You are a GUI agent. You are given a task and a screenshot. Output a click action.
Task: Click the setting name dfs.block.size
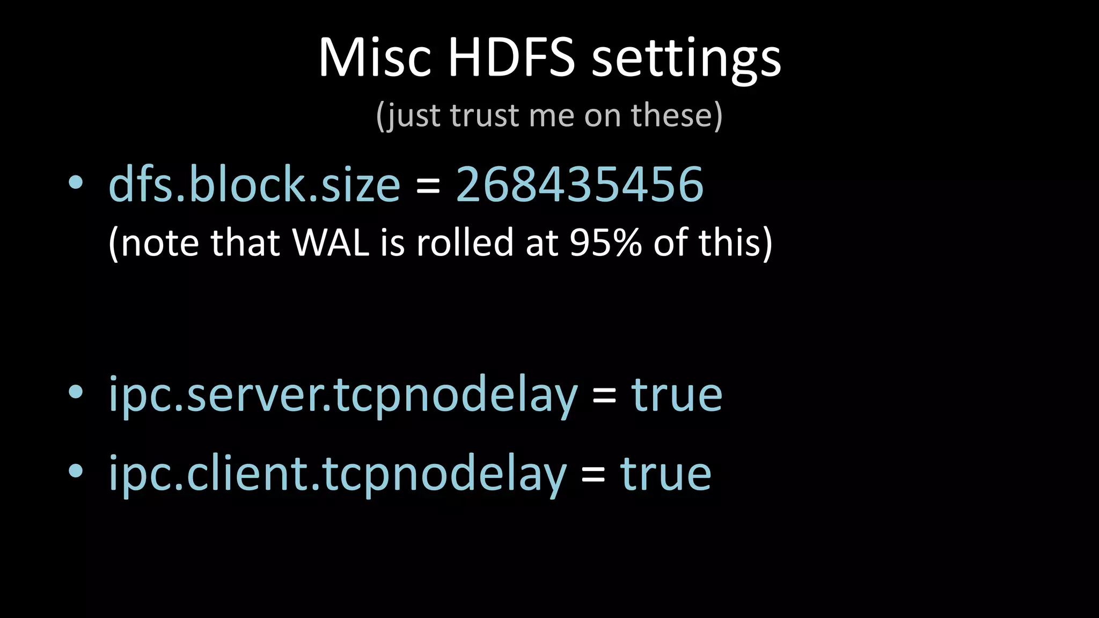(254, 185)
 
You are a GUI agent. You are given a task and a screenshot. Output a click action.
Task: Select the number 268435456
(580, 185)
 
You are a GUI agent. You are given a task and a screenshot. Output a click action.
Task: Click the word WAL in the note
(331, 242)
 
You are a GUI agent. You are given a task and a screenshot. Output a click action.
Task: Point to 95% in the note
(605, 242)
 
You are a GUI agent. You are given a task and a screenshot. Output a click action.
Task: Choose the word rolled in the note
(466, 242)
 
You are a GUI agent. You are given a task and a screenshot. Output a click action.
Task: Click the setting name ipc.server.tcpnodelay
(343, 396)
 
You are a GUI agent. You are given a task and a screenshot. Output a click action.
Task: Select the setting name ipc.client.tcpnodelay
(338, 474)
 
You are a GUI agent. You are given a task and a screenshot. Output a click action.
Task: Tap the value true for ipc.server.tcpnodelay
(677, 396)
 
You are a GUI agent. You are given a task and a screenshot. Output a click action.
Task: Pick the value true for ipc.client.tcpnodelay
(665, 474)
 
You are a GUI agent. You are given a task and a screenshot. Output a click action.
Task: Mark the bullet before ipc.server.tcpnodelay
(76, 393)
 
